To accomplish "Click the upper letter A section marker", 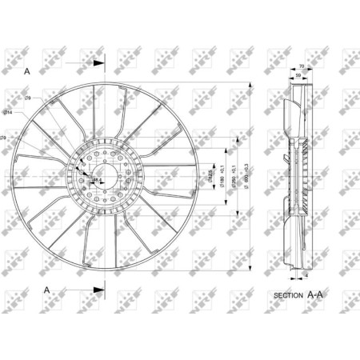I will pyautogui.click(x=27, y=71).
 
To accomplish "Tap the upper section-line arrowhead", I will pyautogui.click(x=100, y=62).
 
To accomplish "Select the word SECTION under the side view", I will pyautogui.click(x=288, y=295).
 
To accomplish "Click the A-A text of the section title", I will pyautogui.click(x=317, y=294).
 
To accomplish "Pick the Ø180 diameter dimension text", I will pyautogui.click(x=222, y=174).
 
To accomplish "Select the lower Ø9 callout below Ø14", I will pyautogui.click(x=4, y=141).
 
